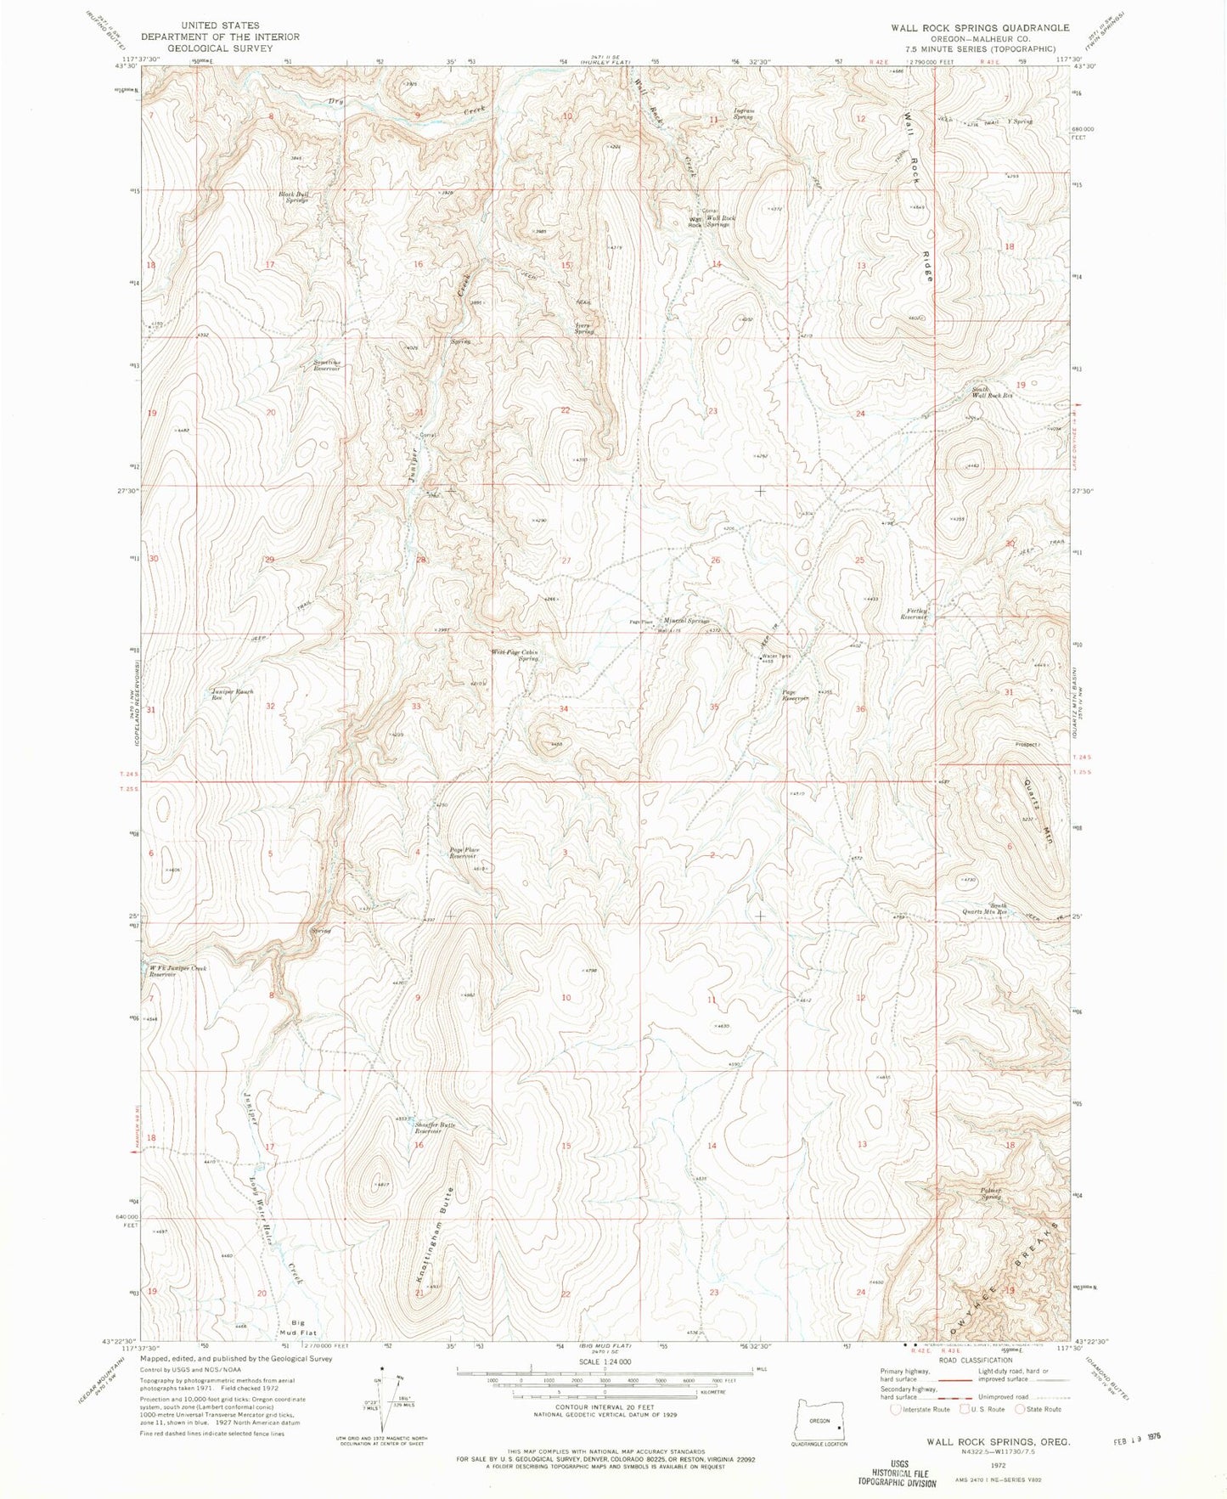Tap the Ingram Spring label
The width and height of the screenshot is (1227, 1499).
point(743,113)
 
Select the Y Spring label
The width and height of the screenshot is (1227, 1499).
point(1019,121)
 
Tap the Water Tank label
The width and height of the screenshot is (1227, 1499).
point(775,656)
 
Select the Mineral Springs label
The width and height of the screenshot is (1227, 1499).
point(686,621)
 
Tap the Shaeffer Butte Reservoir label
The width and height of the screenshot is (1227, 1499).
point(435,1128)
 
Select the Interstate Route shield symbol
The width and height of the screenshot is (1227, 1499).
point(896,1409)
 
